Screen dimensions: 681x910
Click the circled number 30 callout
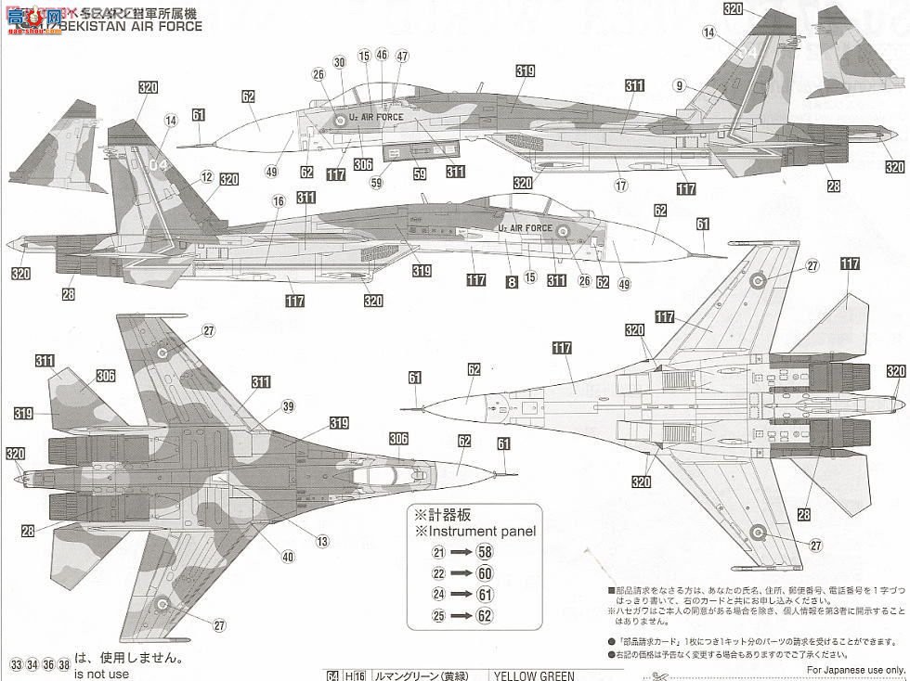pyautogui.click(x=339, y=62)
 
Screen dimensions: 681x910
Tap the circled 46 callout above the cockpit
pyautogui.click(x=382, y=56)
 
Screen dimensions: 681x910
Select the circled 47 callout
pyautogui.click(x=402, y=56)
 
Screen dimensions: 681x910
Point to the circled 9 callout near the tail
pyautogui.click(x=680, y=86)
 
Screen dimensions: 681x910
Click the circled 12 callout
pyautogui.click(x=206, y=175)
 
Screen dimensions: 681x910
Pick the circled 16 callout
pyautogui.click(x=278, y=201)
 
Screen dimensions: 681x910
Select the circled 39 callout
pyautogui.click(x=289, y=406)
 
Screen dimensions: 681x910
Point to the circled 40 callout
pyautogui.click(x=289, y=557)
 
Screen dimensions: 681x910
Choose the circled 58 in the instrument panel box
pyautogui.click(x=485, y=551)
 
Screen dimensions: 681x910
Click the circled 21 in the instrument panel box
pyautogui.click(x=438, y=551)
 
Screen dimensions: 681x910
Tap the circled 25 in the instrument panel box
pyautogui.click(x=438, y=614)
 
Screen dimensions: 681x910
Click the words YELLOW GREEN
pyautogui.click(x=534, y=675)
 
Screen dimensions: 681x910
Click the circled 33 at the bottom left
pyautogui.click(x=17, y=664)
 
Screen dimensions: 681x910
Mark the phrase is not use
pyautogui.click(x=102, y=675)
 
